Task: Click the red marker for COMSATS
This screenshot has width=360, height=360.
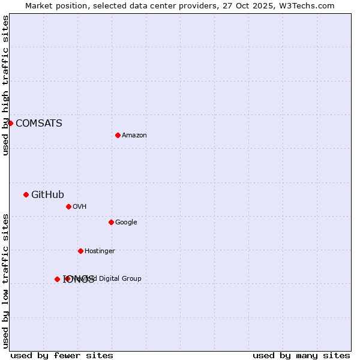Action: click(x=10, y=123)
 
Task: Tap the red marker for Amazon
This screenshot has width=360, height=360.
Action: click(x=118, y=135)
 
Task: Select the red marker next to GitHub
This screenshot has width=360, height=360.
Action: click(x=26, y=194)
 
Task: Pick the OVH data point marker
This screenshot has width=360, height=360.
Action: click(x=68, y=206)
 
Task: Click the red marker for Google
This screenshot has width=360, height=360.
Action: click(x=111, y=222)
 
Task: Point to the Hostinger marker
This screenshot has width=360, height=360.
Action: click(x=80, y=251)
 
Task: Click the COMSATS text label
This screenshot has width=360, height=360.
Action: click(x=38, y=124)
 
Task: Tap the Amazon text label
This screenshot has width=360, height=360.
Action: click(x=134, y=136)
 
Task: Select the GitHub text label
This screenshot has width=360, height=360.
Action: click(x=47, y=194)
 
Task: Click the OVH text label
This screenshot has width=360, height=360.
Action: click(x=80, y=207)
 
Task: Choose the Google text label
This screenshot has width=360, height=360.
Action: click(x=126, y=223)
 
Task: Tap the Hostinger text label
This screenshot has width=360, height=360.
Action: click(x=100, y=251)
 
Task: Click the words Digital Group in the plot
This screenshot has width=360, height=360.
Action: click(x=119, y=278)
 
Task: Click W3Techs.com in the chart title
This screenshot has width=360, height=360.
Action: click(x=308, y=6)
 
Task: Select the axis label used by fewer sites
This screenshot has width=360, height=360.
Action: click(x=62, y=355)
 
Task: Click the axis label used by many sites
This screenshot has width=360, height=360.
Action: click(x=301, y=355)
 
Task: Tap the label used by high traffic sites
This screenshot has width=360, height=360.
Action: click(x=6, y=86)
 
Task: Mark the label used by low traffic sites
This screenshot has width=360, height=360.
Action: click(x=6, y=281)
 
